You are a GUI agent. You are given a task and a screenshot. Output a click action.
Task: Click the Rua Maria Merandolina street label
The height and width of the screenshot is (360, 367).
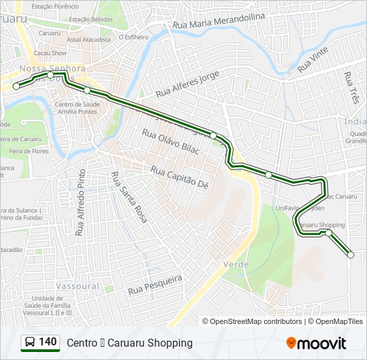tap(218, 22)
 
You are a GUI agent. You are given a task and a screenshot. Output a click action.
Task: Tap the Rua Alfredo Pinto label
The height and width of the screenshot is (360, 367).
tap(81, 203)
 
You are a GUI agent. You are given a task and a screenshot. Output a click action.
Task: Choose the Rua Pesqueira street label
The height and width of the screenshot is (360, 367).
tap(155, 285)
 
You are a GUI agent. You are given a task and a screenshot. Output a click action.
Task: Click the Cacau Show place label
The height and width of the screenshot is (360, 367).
tap(51, 52)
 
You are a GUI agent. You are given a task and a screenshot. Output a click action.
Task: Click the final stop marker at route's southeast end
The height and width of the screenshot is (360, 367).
tap(351, 254)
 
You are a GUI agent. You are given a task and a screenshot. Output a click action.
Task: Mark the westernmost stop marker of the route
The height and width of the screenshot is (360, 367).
tap(16, 86)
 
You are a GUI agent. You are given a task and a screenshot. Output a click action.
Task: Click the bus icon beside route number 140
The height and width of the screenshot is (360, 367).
tap(30, 343)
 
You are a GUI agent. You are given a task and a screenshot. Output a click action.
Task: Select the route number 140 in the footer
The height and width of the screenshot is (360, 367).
tap(47, 342)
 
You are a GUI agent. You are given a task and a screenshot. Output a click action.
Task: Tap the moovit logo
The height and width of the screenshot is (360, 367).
tap(316, 343)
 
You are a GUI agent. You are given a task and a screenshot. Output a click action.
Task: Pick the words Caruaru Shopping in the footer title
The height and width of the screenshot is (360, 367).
tap(158, 343)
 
